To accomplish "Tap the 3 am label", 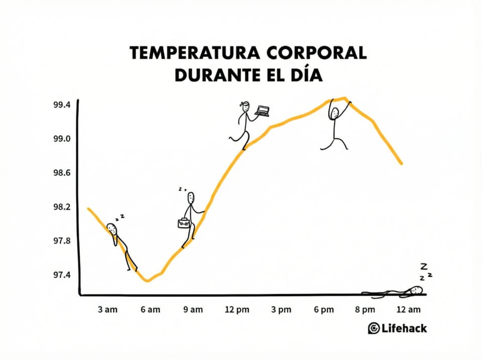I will pos(107,310).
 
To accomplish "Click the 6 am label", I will pos(151,310).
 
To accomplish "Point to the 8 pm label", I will pos(365,310).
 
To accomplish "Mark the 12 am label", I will pos(408,310).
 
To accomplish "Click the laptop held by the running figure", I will pos(262,110).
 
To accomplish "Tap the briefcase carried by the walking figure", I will pos(182,222).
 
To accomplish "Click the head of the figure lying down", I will pos(416,290).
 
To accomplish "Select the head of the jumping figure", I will pos(334,113).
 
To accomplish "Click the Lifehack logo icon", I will pos(374,328).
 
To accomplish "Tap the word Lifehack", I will pos(404,328).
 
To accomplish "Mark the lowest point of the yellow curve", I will pos(147,280).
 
